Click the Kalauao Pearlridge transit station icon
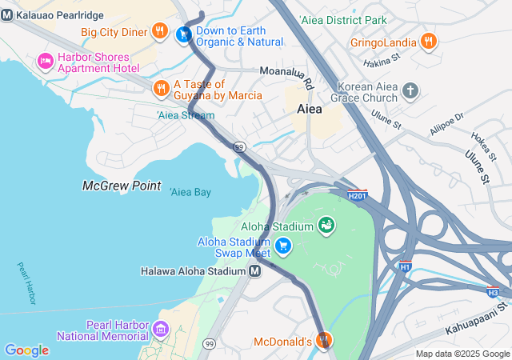pyautogui.click(x=7, y=15)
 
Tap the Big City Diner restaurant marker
pyautogui.click(x=160, y=32)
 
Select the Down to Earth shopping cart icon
pyautogui.click(x=183, y=34)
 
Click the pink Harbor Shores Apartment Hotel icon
pyautogui.click(x=46, y=61)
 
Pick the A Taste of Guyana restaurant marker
pyautogui.click(x=161, y=88)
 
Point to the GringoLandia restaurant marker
pyautogui.click(x=428, y=42)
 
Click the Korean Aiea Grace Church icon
pyautogui.click(x=410, y=90)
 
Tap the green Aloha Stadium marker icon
pyautogui.click(x=326, y=226)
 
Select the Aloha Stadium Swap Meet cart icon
pyautogui.click(x=282, y=245)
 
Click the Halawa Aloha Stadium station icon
pyautogui.click(x=254, y=271)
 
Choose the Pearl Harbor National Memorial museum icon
pyautogui.click(x=160, y=329)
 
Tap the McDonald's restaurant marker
pyautogui.click(x=324, y=341)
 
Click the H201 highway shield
pyautogui.click(x=358, y=194)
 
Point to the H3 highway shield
pyautogui.click(x=493, y=293)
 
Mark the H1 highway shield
pyautogui.click(x=406, y=266)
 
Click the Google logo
pyautogui.click(x=26, y=350)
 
